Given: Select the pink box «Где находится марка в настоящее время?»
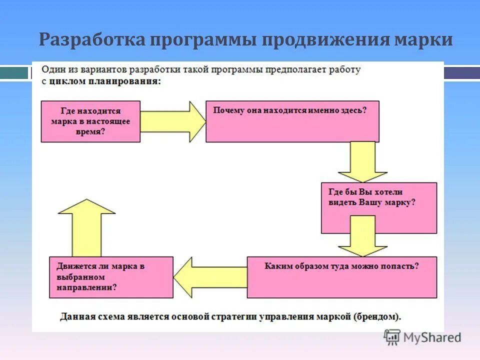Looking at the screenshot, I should (90, 121).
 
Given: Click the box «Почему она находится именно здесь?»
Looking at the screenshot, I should (292, 121).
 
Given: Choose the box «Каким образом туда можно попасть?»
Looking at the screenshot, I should (341, 277).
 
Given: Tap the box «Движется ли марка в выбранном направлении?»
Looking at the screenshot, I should (111, 277).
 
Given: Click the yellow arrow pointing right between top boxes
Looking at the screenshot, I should (173, 121).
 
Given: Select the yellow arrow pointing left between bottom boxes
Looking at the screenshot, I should (210, 276).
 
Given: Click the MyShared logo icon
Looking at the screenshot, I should (392, 337).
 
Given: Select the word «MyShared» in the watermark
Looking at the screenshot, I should (432, 337).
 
